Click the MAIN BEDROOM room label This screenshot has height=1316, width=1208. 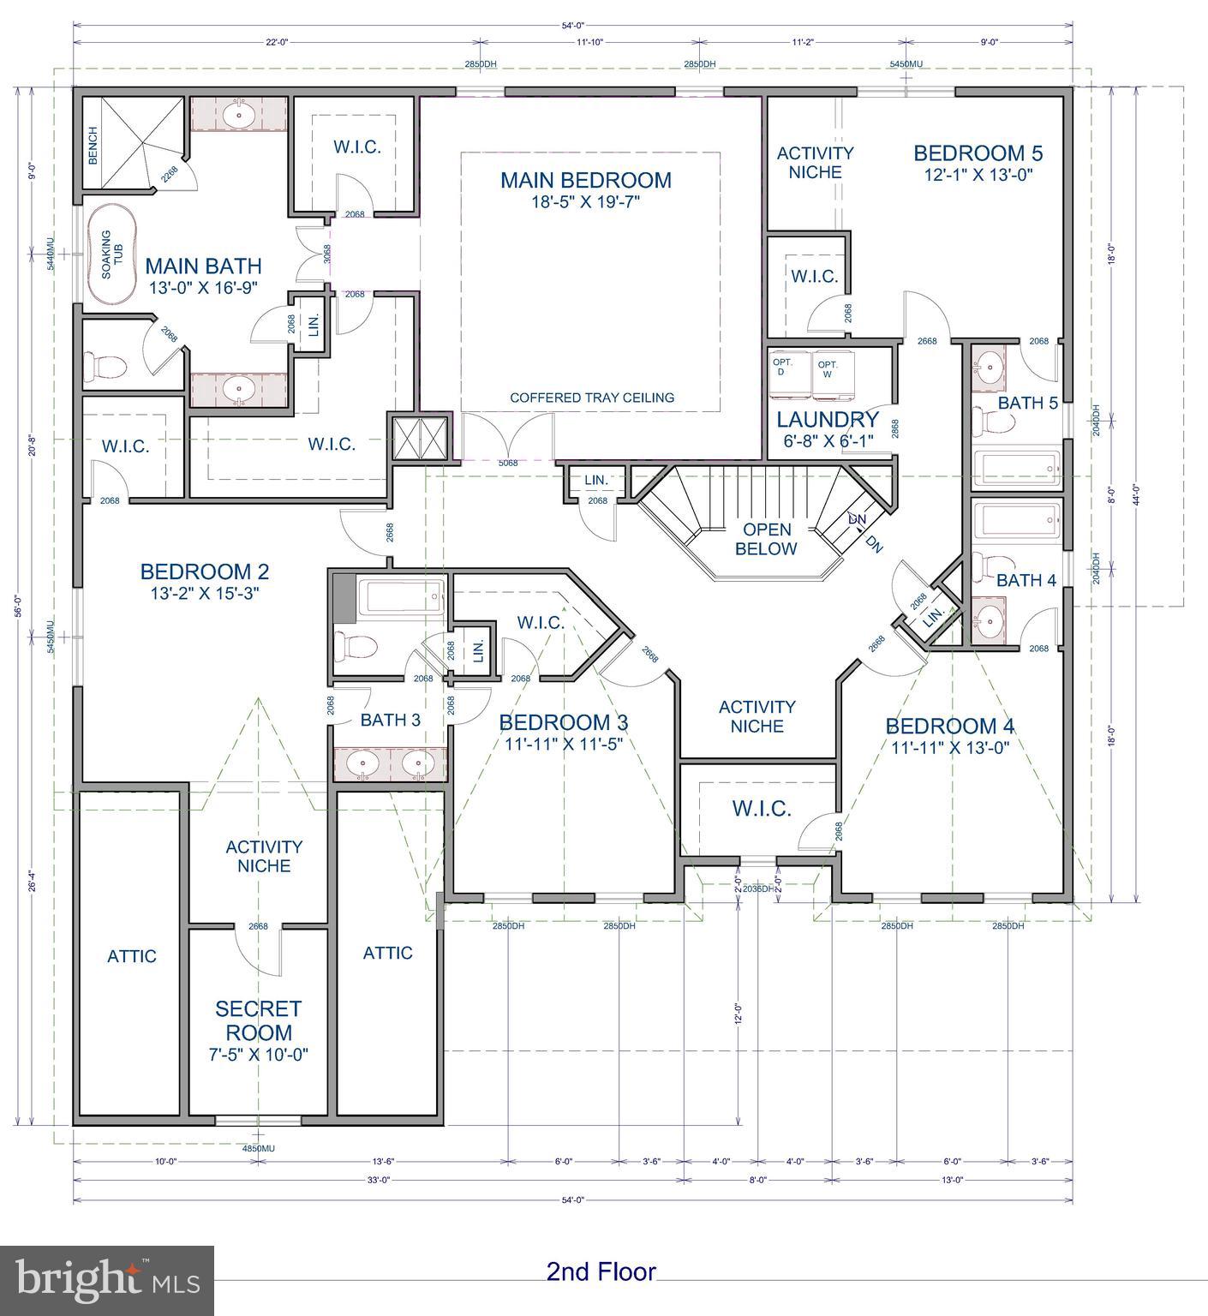coord(586,180)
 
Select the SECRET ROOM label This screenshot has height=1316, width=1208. coord(259,1020)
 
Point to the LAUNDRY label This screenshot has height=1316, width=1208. coord(828,420)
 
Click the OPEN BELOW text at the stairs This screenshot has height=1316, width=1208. coord(766,539)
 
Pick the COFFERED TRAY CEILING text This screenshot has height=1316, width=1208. coord(592,398)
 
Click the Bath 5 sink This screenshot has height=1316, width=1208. coord(990,366)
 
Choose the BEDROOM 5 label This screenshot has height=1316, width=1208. coord(978,153)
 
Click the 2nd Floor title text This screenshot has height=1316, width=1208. coord(601,1271)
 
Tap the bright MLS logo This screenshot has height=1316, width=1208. coord(107,1280)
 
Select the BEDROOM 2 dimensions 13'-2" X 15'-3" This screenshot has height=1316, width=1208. coord(205,592)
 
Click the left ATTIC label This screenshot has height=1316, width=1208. coord(132,956)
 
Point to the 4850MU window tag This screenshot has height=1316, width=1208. coord(258,1148)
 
